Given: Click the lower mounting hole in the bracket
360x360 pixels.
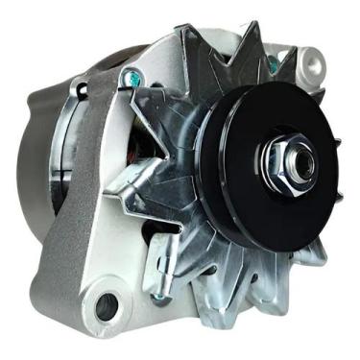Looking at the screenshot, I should pyautogui.click(x=105, y=306).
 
